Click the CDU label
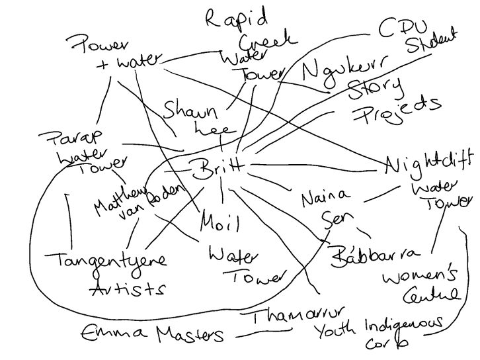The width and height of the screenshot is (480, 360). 401,28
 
